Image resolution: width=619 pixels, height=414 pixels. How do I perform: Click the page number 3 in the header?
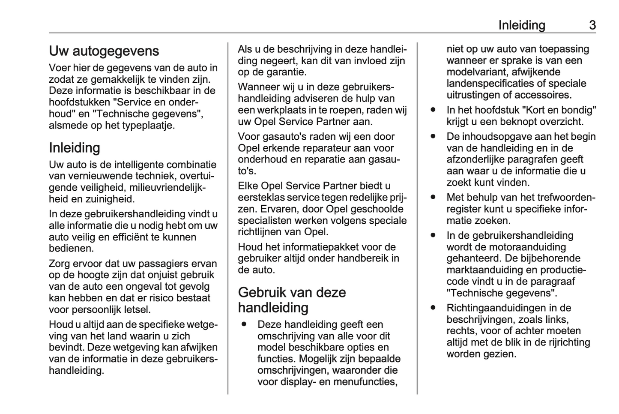[x=592, y=25]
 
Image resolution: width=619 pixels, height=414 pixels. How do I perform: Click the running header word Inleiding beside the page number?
[x=521, y=25]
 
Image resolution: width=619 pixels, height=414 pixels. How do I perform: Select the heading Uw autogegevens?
[x=104, y=51]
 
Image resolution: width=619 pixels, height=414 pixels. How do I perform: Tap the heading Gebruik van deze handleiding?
[x=292, y=300]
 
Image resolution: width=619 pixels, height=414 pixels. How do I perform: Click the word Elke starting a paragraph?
[x=248, y=186]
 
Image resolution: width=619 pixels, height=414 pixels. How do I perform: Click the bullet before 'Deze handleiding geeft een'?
[x=244, y=324]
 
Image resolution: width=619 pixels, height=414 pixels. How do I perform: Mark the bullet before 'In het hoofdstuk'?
[x=433, y=110]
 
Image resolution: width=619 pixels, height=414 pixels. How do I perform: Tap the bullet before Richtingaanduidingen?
[x=433, y=308]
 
